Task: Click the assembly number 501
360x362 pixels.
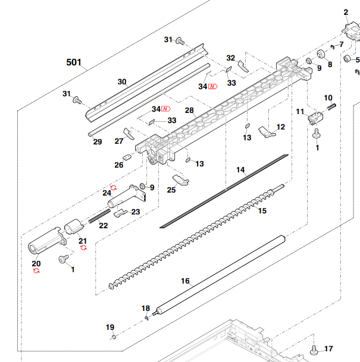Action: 74,62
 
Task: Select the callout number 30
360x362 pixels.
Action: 122,81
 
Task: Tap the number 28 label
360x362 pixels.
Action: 189,111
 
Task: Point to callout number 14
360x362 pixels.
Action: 240,170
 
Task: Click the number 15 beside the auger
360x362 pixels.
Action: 262,211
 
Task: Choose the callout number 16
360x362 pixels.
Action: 185,281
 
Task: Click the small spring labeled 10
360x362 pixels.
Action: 332,107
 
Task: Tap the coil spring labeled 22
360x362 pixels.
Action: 99,216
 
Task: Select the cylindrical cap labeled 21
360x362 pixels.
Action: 73,226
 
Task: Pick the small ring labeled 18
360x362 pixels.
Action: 146,319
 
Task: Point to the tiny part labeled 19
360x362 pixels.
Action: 114,337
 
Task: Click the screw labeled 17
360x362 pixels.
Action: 314,350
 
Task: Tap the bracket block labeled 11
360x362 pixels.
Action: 315,118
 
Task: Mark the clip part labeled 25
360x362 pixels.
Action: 181,180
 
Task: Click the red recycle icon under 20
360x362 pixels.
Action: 36,270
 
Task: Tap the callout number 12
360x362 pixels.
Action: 281,127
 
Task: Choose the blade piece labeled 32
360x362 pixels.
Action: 243,67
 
